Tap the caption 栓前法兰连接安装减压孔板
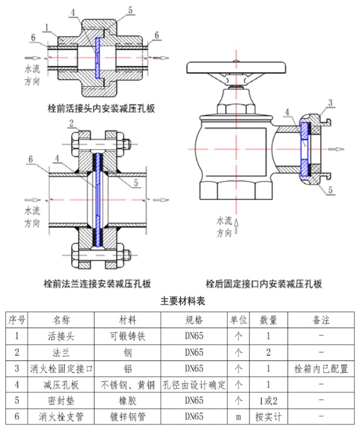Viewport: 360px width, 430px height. coord(97,283)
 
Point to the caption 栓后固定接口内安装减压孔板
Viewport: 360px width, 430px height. coord(264,283)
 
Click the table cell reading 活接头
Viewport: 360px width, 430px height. coord(61,336)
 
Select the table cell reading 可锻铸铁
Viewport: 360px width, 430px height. coord(127,336)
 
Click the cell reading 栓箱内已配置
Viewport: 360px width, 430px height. coord(321,369)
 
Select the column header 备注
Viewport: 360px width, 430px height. coord(321,320)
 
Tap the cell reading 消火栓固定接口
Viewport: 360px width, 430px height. coord(61,369)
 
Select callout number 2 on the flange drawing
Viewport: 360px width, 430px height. coord(71,124)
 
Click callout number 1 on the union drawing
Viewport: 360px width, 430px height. coord(48,26)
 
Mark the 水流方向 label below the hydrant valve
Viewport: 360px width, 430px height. coord(226,227)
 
